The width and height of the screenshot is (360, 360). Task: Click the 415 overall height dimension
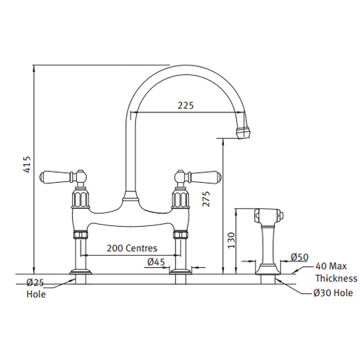click(28, 164)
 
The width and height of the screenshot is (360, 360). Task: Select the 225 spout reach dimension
click(186, 105)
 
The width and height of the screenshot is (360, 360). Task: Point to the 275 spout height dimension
click(206, 199)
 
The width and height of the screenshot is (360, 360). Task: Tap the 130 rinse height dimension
click(231, 240)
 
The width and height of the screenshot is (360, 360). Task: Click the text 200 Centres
click(132, 248)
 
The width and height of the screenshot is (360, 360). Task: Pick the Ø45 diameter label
click(156, 262)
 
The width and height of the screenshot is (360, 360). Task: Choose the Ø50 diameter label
click(300, 257)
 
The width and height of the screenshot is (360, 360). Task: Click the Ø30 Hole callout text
click(333, 293)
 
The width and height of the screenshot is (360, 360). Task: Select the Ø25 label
click(35, 283)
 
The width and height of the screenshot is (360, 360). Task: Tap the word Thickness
click(336, 279)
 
